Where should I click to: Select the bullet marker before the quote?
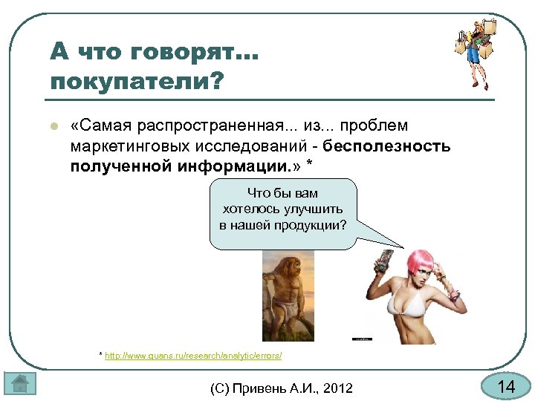pos(53,127)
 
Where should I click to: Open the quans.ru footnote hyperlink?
pos(193,356)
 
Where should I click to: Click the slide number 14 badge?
pos(506,387)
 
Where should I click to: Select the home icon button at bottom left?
pos(20,385)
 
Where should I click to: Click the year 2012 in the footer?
pos(338,388)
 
